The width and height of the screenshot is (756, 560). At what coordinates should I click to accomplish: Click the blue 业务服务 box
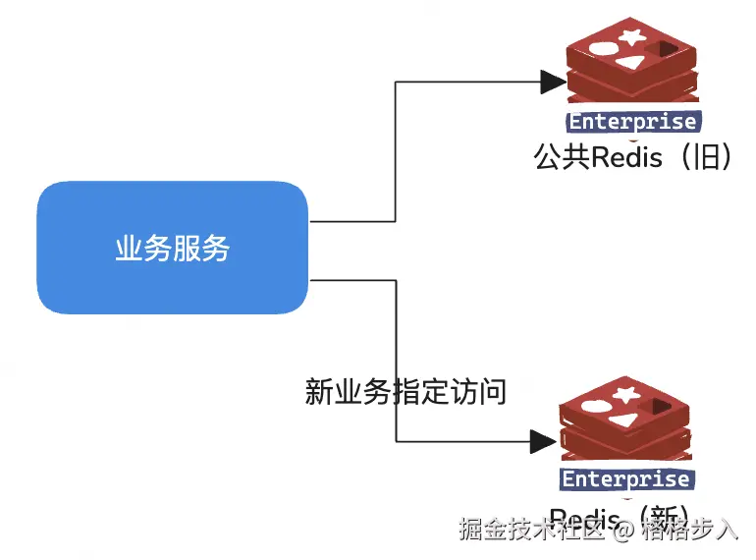tap(173, 248)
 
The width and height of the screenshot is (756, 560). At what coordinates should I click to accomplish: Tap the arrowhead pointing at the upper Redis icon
tap(554, 82)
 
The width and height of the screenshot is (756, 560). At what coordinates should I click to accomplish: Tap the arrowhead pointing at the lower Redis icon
tap(543, 440)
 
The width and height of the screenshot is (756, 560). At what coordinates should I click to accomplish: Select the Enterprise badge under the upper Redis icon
tap(633, 122)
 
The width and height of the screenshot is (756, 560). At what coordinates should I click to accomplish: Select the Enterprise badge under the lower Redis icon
tap(625, 478)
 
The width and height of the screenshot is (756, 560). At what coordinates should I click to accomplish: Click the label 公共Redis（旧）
tap(633, 157)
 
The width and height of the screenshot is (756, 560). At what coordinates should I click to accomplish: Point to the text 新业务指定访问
tap(405, 392)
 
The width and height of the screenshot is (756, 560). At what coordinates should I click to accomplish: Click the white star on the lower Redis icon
tap(624, 395)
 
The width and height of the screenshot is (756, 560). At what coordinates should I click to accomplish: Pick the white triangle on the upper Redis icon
tap(629, 64)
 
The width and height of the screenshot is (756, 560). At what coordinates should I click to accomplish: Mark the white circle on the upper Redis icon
tap(603, 45)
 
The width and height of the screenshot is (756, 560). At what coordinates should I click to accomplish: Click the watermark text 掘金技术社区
tap(531, 531)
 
